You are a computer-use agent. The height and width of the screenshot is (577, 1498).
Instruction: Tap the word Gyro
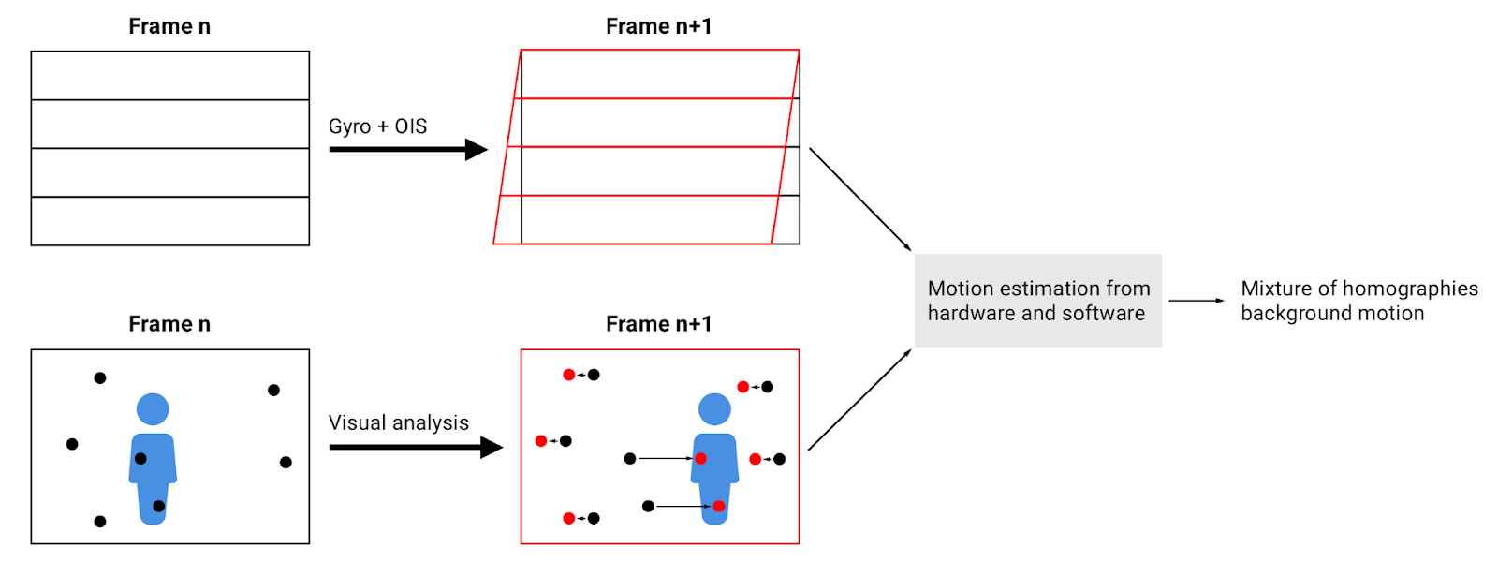[349, 126]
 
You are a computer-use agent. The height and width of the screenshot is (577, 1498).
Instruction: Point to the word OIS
[411, 126]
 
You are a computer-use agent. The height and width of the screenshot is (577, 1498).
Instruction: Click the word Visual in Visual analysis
[357, 423]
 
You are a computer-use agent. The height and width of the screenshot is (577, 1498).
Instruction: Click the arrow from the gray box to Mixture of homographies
[1196, 301]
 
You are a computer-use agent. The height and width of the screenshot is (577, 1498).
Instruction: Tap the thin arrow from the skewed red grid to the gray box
[859, 199]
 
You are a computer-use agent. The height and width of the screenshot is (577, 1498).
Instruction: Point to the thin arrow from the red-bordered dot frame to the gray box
[859, 401]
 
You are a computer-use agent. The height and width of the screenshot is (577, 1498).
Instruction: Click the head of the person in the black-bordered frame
[153, 409]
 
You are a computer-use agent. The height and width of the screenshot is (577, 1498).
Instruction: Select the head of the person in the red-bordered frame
[714, 409]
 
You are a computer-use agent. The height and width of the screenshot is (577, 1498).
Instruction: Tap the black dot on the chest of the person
[140, 459]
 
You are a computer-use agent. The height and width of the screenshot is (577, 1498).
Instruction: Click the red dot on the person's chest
[700, 459]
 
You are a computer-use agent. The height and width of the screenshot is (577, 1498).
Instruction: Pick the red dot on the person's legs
[718, 507]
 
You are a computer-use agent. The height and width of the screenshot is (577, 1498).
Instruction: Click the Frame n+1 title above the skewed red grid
[658, 26]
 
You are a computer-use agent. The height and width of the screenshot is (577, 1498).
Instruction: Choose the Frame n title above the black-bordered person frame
[169, 324]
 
